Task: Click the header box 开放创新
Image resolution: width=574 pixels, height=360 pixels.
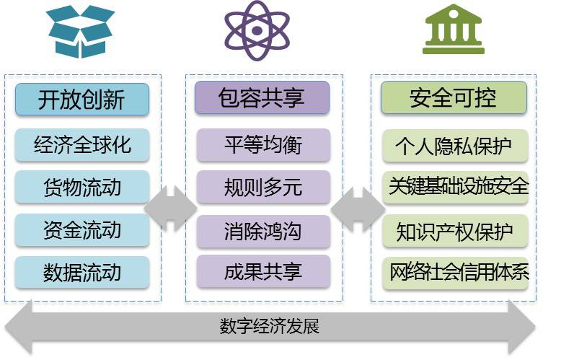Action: (82, 99)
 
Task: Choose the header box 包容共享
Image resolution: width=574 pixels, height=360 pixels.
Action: (262, 97)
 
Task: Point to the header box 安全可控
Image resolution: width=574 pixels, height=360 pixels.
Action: (454, 97)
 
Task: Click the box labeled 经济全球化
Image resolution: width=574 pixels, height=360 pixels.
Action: (82, 144)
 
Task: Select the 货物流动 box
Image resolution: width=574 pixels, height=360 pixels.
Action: (82, 188)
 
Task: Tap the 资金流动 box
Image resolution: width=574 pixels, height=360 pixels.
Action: (82, 230)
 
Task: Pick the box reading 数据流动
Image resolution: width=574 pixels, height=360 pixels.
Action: (82, 273)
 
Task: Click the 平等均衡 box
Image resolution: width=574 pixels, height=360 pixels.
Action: (262, 144)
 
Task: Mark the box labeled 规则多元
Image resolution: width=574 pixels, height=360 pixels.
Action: (262, 188)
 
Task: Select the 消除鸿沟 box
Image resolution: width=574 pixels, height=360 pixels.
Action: (262, 232)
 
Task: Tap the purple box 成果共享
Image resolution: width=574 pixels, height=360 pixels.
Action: (262, 272)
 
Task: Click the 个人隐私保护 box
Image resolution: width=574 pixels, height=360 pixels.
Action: (455, 146)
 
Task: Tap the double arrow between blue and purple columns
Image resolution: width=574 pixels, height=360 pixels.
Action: (171, 208)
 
